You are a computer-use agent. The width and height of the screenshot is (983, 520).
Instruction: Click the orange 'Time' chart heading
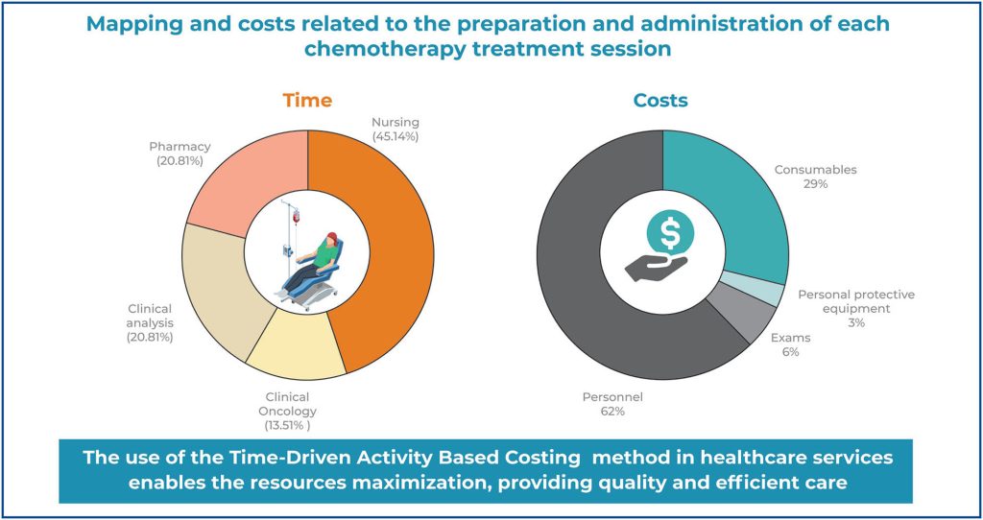pos(307,100)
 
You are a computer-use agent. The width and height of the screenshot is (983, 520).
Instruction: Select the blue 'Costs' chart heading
pos(660,100)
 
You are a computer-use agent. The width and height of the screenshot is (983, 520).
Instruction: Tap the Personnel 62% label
pos(611,402)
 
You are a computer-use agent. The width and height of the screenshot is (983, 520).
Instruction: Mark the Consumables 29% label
pos(816,177)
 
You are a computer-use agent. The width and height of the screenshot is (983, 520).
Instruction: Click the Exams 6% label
pos(790,344)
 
